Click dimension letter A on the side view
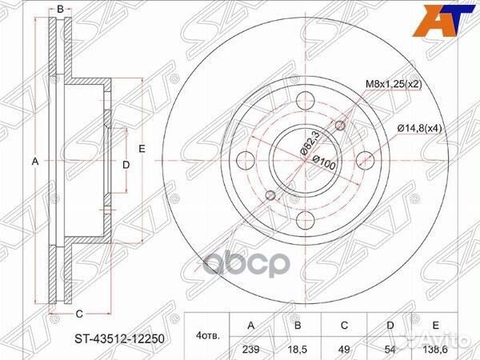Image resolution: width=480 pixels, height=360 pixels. pos(34,162)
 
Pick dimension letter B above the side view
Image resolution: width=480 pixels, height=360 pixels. pos(60,10)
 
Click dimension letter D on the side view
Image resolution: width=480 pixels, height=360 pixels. pos(126,165)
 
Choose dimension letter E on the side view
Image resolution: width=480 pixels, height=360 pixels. pos(140,149)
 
